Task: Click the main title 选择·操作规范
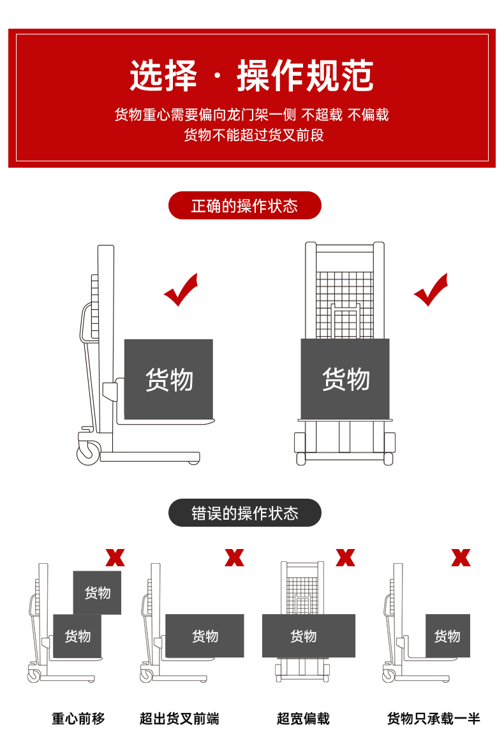pos(251,76)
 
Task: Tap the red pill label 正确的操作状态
pos(244,206)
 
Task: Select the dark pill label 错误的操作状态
pos(244,513)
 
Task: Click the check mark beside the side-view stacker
pos(181,291)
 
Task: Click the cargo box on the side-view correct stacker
pos(168,379)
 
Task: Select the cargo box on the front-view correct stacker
pos(345,379)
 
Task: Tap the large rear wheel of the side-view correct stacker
pos(89,453)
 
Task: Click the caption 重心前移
pos(78,719)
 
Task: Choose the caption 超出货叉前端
pos(179,719)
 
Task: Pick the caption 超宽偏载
pos(303,719)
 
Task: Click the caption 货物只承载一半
pos(433,719)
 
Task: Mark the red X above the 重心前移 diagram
pos(115,558)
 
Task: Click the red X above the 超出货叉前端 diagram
pos(234,558)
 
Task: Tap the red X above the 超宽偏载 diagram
pos(345,558)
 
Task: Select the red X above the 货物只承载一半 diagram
pos(461,558)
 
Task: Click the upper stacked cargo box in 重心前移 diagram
pos(97,592)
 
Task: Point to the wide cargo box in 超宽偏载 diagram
pos(308,636)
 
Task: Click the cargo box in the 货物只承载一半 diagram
pos(447,636)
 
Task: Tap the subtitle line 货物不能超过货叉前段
pos(254,135)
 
